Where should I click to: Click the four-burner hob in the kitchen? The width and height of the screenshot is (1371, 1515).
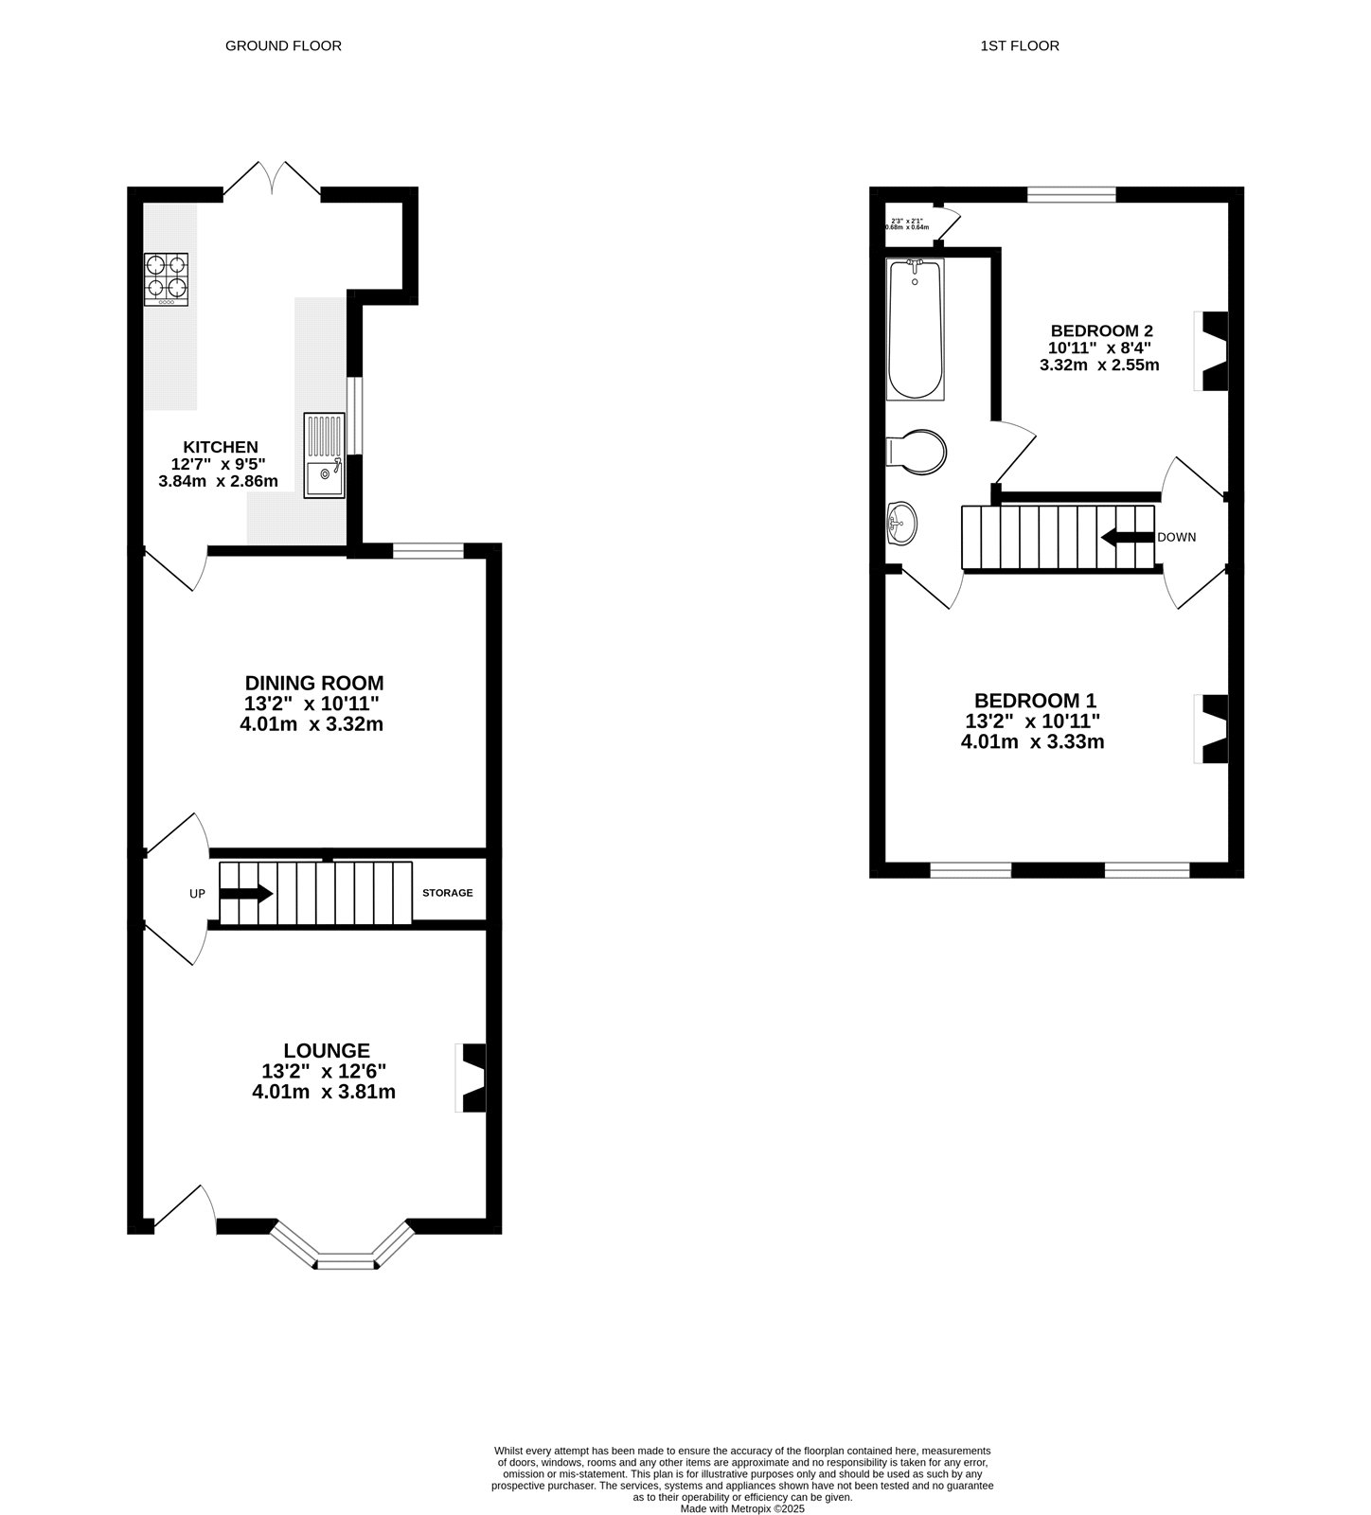[x=167, y=279]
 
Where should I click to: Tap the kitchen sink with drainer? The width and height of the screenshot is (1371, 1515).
[x=325, y=455]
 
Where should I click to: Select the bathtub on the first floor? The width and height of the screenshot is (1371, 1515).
[x=915, y=330]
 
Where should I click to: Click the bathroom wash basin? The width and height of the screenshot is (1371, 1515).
[x=901, y=523]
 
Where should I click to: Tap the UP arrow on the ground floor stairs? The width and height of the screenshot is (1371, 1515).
[x=247, y=893]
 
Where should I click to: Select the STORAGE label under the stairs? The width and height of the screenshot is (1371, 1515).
[x=447, y=893]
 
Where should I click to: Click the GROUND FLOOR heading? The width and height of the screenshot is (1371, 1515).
[x=283, y=45]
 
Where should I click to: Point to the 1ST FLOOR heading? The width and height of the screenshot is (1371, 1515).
[x=1020, y=45]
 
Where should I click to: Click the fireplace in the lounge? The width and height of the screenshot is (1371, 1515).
[x=472, y=1078]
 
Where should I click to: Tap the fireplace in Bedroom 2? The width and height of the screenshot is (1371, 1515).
[x=1213, y=350]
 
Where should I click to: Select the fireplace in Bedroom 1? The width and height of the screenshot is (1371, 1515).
[x=1213, y=728]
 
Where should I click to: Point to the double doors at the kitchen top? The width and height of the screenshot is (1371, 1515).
[x=272, y=179]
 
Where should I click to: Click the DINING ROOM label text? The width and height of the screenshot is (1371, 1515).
[x=314, y=683]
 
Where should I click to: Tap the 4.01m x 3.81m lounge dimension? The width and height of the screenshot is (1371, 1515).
[x=323, y=1092]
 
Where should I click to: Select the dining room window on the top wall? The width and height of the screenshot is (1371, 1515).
[x=428, y=550]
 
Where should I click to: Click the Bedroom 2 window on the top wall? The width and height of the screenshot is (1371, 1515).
[x=1072, y=195]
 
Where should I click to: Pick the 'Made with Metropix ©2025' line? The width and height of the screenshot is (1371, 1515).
[x=742, y=1508]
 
